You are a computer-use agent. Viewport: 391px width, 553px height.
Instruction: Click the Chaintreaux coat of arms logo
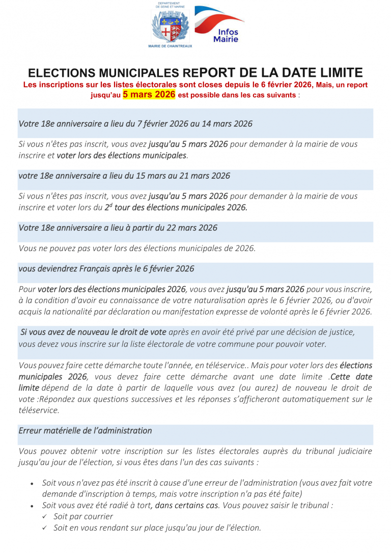170,27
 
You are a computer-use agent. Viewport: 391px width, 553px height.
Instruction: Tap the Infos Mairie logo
220,24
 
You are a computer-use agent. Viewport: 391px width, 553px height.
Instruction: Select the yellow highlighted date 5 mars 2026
149,95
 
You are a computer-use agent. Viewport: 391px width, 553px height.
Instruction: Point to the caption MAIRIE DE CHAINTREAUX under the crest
170,46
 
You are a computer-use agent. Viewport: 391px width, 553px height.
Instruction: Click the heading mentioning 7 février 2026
135,124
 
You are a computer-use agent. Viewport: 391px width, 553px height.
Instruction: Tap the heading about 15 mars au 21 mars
124,176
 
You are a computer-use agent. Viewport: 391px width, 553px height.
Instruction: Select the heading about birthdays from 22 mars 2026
118,228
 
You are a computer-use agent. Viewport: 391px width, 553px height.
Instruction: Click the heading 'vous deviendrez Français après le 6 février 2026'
106,268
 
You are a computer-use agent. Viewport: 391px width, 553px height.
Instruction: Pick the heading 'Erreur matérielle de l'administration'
86,430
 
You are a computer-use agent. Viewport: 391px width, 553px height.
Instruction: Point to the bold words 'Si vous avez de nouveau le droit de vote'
93,332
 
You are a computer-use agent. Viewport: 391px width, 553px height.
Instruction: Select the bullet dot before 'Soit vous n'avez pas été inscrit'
32,483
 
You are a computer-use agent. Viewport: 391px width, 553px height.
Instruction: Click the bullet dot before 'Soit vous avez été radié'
32,506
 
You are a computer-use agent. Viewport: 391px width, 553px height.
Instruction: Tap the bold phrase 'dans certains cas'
186,505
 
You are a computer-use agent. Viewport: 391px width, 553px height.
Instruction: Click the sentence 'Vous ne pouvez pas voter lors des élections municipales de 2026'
137,248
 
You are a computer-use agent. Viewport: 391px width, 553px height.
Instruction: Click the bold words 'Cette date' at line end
351,377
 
